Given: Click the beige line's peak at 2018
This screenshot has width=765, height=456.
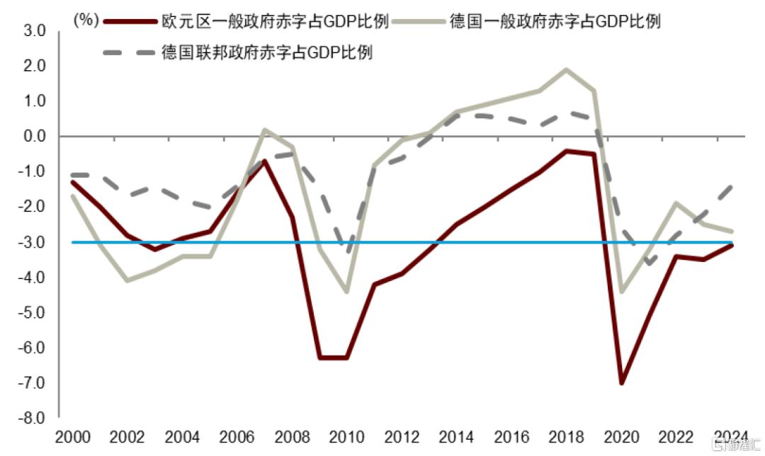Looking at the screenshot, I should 566,69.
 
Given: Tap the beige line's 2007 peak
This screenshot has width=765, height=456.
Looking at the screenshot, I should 263,130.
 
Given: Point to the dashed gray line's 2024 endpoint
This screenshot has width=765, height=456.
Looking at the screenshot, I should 732,186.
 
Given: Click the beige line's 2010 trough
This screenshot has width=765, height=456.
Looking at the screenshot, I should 347,291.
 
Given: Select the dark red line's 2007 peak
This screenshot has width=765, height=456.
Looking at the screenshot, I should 263,161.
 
